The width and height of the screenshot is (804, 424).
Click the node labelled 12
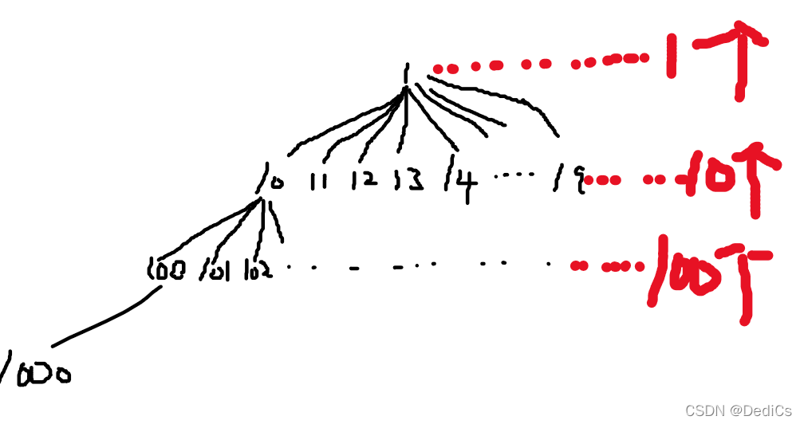pos(365,182)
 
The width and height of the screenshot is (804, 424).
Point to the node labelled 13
pos(408,182)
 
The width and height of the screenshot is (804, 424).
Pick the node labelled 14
pos(463,183)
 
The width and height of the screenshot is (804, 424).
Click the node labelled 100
pos(167,270)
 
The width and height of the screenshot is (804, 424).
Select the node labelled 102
pos(259,270)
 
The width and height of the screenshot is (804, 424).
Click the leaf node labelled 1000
pos(36,371)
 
